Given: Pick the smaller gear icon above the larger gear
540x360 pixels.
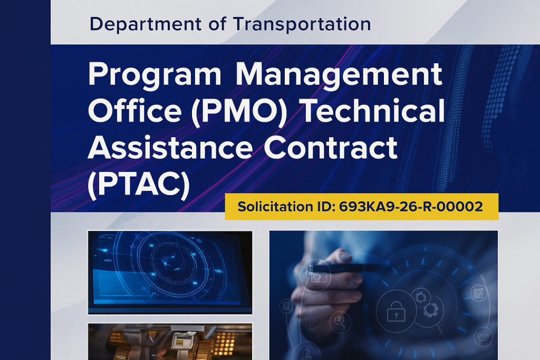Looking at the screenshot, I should [420, 298].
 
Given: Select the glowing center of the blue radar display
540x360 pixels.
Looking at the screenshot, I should [170, 260].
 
